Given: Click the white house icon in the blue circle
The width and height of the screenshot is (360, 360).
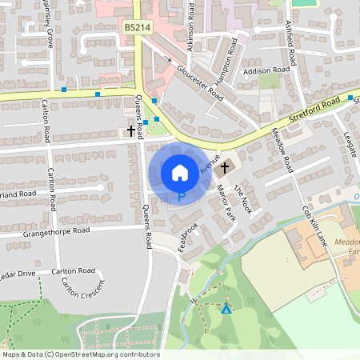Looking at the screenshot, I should tap(180, 172).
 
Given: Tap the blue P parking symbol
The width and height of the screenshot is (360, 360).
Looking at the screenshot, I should tap(181, 194).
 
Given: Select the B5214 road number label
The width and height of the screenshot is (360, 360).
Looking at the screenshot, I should tap(137, 27).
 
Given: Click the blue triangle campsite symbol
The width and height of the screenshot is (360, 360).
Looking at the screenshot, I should tap(226, 308).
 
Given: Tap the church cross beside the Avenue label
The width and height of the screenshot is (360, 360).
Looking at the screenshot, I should tap(225, 167).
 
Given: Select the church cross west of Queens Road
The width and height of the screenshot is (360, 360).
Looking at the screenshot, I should tap(131, 130).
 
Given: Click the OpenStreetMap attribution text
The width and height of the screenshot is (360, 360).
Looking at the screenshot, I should tap(81, 354).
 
